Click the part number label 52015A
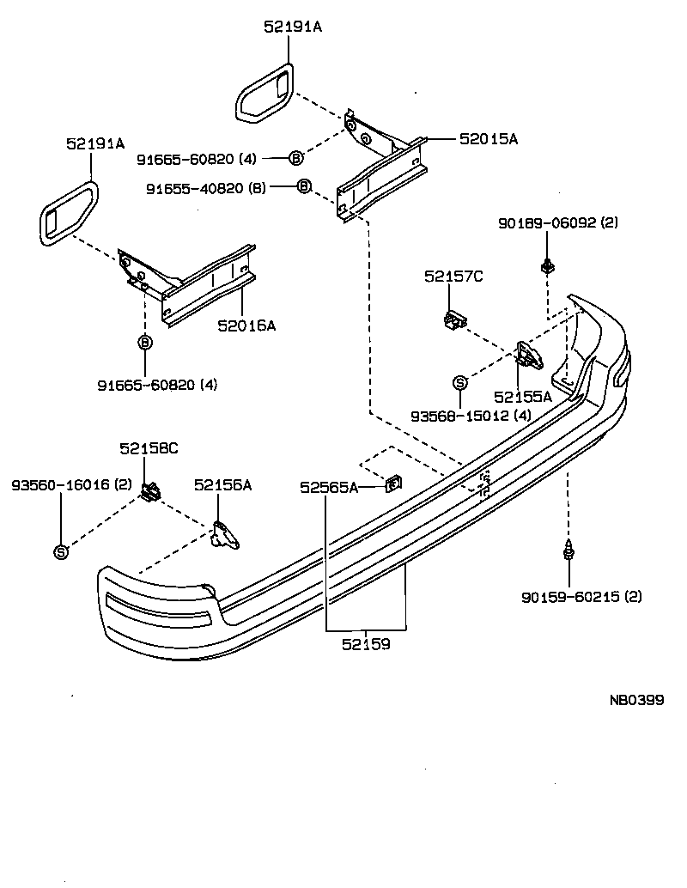[x=489, y=137]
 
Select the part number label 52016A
[x=246, y=325]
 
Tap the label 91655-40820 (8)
[x=206, y=188]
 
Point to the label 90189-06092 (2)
[x=558, y=222]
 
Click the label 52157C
[x=453, y=276]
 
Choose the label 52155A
[x=524, y=397]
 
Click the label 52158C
[x=149, y=448]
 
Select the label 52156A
[x=222, y=485]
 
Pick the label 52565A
[x=329, y=487]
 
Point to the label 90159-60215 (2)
[x=581, y=596]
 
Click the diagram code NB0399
[x=636, y=700]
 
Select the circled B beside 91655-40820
[x=303, y=186]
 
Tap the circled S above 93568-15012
[x=460, y=383]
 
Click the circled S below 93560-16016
[x=61, y=551]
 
